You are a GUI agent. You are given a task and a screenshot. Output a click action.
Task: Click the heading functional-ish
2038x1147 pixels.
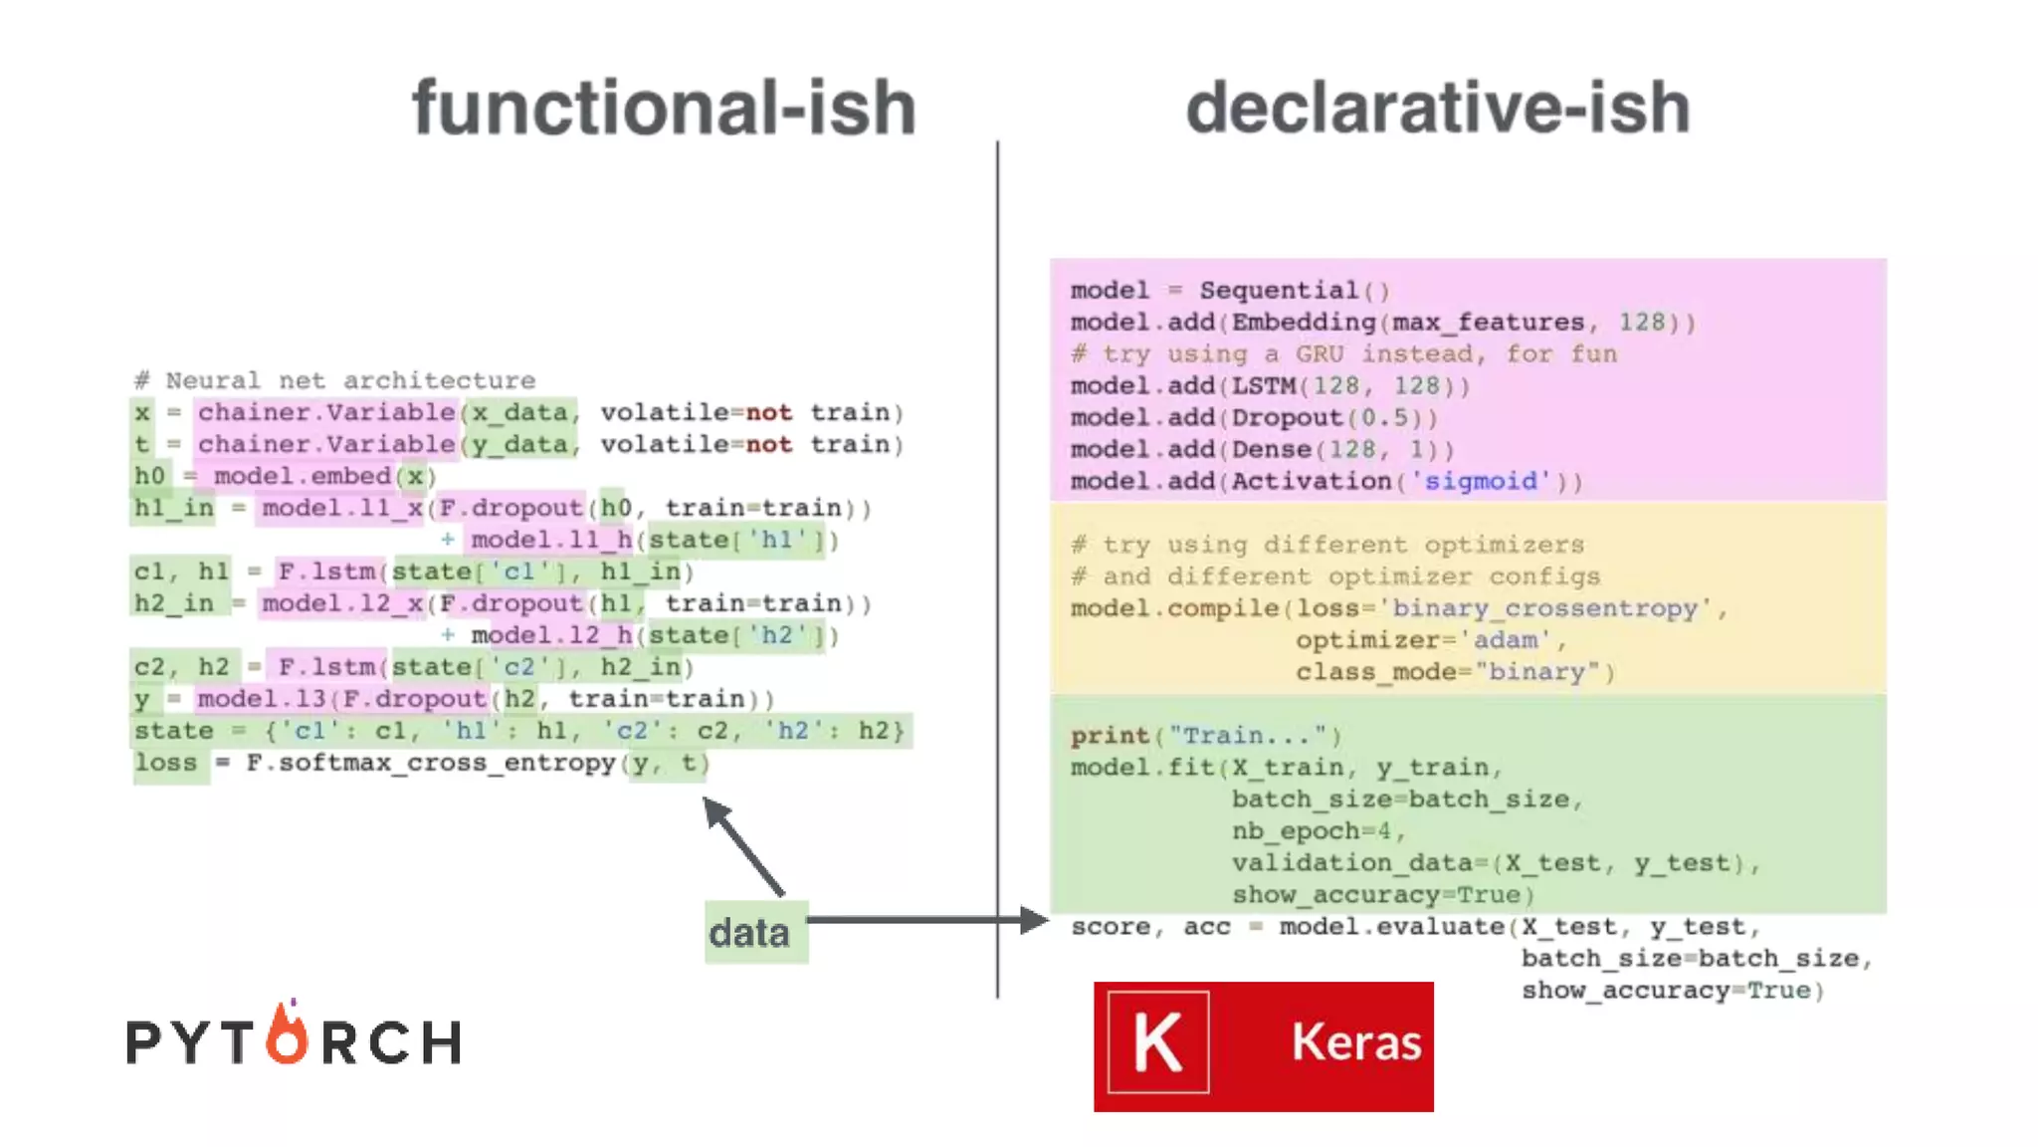click(664, 108)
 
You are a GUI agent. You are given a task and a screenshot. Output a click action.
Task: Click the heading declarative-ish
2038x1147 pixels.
click(1438, 108)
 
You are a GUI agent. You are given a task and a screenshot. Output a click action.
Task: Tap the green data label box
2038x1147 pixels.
click(755, 932)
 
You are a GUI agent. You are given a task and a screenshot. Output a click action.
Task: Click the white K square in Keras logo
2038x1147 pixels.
click(1158, 1042)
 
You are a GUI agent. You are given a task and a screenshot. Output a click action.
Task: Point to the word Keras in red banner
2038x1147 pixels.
click(1355, 1042)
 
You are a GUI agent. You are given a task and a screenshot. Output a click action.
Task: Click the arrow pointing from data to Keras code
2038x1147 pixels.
click(925, 920)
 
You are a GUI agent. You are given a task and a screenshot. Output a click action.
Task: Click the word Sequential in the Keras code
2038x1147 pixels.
click(1279, 291)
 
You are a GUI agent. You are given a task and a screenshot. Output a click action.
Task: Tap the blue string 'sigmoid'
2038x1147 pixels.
click(1481, 482)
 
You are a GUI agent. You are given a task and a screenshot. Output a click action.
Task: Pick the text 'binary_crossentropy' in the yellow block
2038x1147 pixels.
click(1544, 608)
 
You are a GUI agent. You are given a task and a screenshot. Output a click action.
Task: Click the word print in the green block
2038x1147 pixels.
click(1110, 736)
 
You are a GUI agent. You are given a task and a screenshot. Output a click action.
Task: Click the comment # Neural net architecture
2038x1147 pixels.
click(335, 380)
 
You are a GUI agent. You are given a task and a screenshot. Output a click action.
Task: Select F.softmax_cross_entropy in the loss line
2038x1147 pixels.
click(431, 763)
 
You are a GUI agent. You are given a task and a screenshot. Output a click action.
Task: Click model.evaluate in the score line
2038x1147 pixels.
click(1391, 927)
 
